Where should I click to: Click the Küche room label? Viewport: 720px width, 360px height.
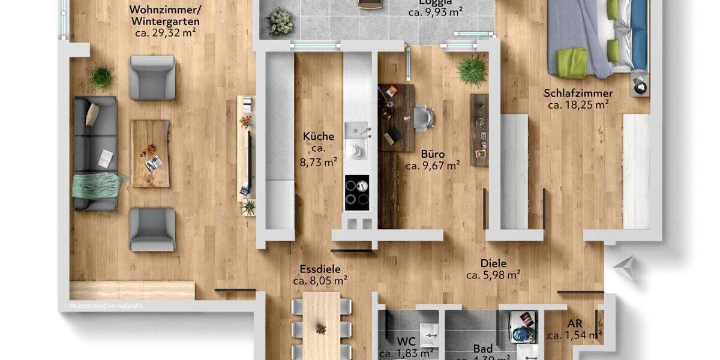point(318,136)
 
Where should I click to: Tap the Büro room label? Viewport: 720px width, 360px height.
point(432,154)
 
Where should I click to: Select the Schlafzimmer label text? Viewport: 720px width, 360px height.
point(578,93)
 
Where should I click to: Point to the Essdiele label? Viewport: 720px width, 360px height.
point(320,269)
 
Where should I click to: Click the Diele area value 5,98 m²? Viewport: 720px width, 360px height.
point(493,275)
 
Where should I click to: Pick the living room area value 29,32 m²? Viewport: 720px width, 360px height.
point(166,33)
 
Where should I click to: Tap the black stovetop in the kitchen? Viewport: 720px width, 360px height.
point(356,193)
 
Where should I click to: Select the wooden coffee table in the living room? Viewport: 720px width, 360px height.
point(150,154)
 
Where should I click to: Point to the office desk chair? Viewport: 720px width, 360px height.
point(423,117)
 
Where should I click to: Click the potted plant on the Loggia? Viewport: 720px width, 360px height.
point(280,22)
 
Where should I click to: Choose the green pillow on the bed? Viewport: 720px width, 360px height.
point(571,62)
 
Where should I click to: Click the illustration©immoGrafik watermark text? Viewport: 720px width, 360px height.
point(106,305)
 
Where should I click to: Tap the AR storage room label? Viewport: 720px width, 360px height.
point(574,324)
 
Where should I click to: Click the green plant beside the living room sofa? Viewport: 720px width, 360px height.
point(101,76)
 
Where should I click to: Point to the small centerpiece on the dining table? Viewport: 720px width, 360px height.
point(322,329)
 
